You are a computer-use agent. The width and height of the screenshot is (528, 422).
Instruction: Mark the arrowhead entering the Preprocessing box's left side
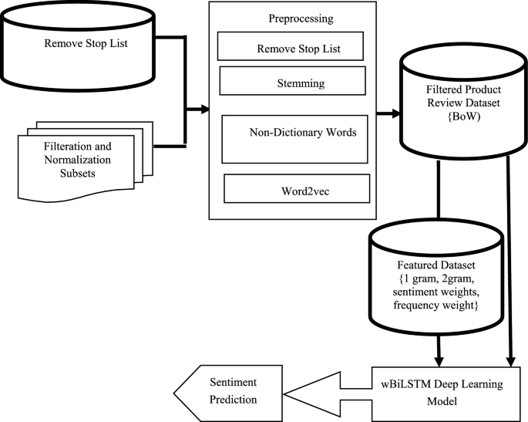(205, 110)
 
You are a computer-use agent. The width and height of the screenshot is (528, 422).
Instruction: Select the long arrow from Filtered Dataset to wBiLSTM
(510, 270)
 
